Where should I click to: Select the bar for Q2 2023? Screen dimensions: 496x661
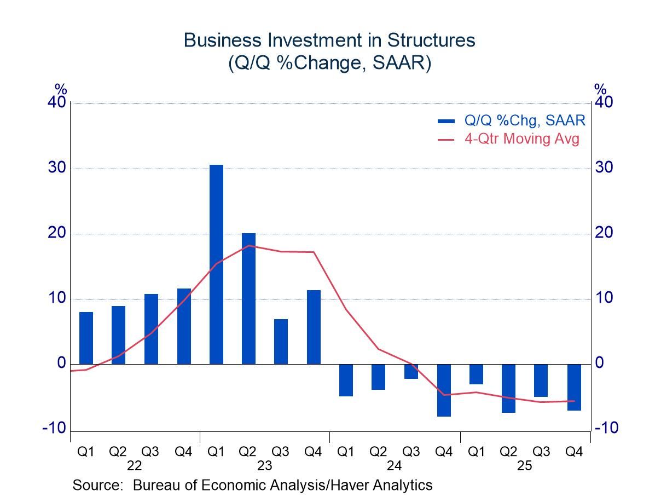(x=248, y=298)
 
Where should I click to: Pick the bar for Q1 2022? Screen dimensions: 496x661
(x=86, y=338)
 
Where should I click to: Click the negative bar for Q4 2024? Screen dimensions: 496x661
(x=444, y=390)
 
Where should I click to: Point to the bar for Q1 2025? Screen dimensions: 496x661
(x=476, y=374)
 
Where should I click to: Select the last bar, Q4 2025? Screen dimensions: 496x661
(x=574, y=387)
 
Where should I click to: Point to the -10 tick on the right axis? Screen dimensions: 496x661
(x=606, y=428)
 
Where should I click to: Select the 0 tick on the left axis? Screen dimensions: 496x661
(x=61, y=364)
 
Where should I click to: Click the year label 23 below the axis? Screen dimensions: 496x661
(x=264, y=466)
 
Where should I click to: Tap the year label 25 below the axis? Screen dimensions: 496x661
(x=525, y=466)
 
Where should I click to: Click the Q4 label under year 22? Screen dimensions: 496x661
(x=183, y=452)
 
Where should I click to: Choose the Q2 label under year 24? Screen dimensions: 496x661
(x=378, y=452)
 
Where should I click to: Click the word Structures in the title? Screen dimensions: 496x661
(x=431, y=41)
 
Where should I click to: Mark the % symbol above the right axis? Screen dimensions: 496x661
(x=600, y=89)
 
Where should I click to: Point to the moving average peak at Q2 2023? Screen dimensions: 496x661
(x=248, y=245)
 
